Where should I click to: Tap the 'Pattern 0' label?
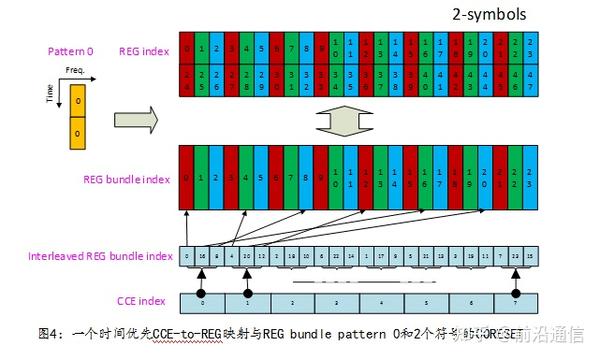pyautogui.click(x=71, y=49)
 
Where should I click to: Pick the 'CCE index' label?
pyautogui.click(x=138, y=298)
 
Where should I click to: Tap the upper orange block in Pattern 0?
pyautogui.click(x=76, y=101)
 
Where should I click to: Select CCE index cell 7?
pyautogui.click(x=516, y=299)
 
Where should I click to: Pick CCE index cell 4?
pyautogui.click(x=381, y=299)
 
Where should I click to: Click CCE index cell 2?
pyautogui.click(x=291, y=299)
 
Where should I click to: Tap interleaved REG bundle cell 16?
pyautogui.click(x=203, y=256)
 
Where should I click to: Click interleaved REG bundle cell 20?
pyautogui.click(x=246, y=256)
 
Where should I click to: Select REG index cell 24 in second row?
pyautogui.click(x=187, y=80)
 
